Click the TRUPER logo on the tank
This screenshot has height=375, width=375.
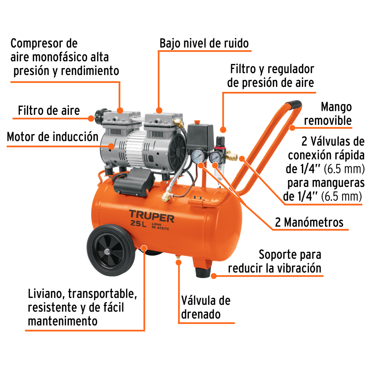(x=151, y=216)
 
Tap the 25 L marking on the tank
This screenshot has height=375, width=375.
(x=138, y=224)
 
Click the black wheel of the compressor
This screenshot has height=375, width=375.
(x=111, y=250)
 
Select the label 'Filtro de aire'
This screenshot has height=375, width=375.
(x=49, y=111)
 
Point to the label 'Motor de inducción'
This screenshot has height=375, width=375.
(x=52, y=137)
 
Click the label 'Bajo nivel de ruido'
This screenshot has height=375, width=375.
(x=204, y=43)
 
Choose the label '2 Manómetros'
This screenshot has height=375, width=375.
(x=309, y=222)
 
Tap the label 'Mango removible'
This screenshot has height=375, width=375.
(x=328, y=114)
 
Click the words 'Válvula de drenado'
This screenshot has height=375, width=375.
(x=205, y=307)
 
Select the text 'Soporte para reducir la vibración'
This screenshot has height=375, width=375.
(x=274, y=261)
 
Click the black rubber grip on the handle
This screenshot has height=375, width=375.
(x=294, y=105)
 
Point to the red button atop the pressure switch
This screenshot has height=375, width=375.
(x=197, y=122)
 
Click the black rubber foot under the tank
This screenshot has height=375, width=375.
(x=203, y=272)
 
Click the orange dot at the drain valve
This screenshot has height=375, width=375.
(x=178, y=262)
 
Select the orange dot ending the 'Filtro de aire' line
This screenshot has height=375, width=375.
(x=91, y=118)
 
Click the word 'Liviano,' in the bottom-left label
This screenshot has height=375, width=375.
(x=46, y=294)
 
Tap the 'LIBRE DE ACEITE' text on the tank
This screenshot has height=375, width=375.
(x=160, y=226)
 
